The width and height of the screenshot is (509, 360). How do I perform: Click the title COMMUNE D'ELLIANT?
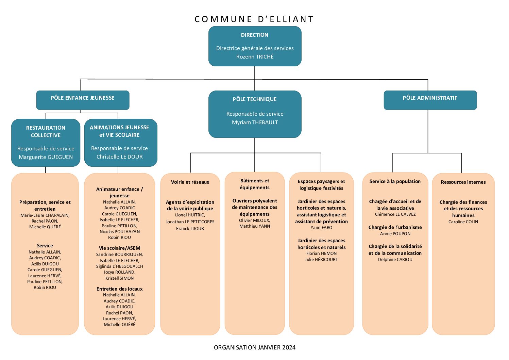[x=254, y=19]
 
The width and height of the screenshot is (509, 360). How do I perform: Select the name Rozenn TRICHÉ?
[x=255, y=56]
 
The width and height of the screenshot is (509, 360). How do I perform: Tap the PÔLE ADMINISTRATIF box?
[x=430, y=100]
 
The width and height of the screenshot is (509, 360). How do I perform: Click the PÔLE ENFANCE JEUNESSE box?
[x=83, y=100]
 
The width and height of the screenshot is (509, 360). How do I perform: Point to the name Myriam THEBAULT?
[x=255, y=122]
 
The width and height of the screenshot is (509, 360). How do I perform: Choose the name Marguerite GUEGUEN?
[x=46, y=157]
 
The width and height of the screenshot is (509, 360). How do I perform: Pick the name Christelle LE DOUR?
[x=120, y=157]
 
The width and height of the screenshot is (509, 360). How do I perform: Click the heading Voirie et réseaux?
[x=190, y=182]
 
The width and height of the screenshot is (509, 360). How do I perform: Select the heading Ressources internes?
[x=463, y=182]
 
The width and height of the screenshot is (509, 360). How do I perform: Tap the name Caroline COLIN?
[x=463, y=222]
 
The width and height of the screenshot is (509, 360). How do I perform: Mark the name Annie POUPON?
[x=395, y=233]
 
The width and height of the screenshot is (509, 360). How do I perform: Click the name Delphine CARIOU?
[x=395, y=260]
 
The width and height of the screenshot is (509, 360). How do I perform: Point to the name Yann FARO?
[x=321, y=227]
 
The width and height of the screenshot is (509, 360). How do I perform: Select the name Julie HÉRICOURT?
[x=321, y=260]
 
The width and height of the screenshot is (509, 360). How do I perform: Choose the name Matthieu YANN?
[x=254, y=226]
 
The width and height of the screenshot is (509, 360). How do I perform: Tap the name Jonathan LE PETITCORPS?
[x=190, y=222]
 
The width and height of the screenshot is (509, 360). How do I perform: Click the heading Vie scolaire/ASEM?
[x=120, y=248]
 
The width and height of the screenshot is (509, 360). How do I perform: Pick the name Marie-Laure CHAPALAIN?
[x=45, y=215]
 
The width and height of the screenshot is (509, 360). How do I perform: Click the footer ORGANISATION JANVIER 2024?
[x=254, y=347]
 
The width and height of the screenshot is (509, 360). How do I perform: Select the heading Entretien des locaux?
[x=120, y=289]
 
